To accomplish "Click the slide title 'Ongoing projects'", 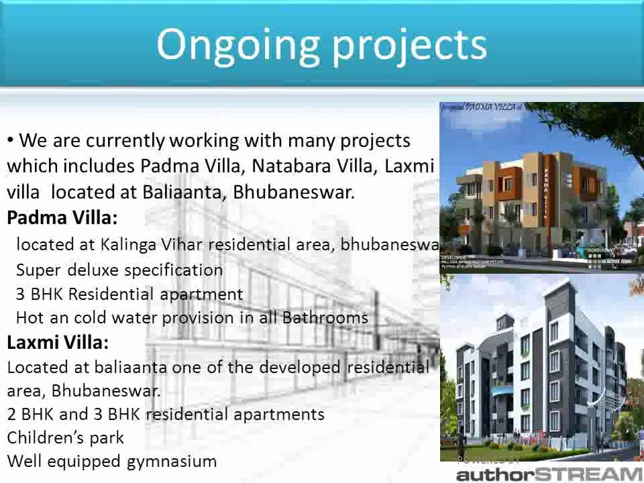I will (x=321, y=44).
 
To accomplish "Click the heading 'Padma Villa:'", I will (x=62, y=218).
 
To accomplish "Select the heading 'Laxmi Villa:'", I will (x=57, y=343).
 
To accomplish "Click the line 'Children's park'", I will (x=65, y=438).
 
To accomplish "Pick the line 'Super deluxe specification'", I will (x=119, y=270).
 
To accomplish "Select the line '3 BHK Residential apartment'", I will (x=129, y=294).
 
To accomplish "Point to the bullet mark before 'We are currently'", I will (x=11, y=140).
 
